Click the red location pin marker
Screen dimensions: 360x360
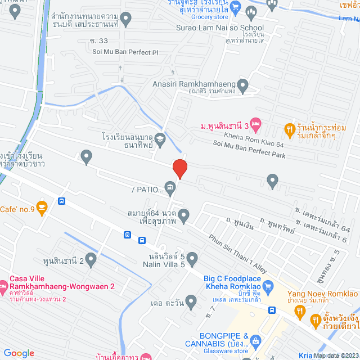(179, 168)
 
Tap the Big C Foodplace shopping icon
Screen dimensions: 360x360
(268, 286)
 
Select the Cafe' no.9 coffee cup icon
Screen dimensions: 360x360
(42, 206)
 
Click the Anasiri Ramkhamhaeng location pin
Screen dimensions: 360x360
(243, 87)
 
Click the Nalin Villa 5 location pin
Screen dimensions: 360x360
(192, 259)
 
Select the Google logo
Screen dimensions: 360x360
(19, 353)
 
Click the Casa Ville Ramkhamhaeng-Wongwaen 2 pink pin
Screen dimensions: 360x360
(3, 283)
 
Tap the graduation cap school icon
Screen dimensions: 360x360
(160, 138)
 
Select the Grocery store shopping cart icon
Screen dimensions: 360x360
(236, 8)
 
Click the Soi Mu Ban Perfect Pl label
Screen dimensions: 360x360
(129, 52)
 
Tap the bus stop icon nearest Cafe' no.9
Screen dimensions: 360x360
(61, 201)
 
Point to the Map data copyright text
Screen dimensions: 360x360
(336, 355)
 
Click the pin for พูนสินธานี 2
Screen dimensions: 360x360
(91, 259)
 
